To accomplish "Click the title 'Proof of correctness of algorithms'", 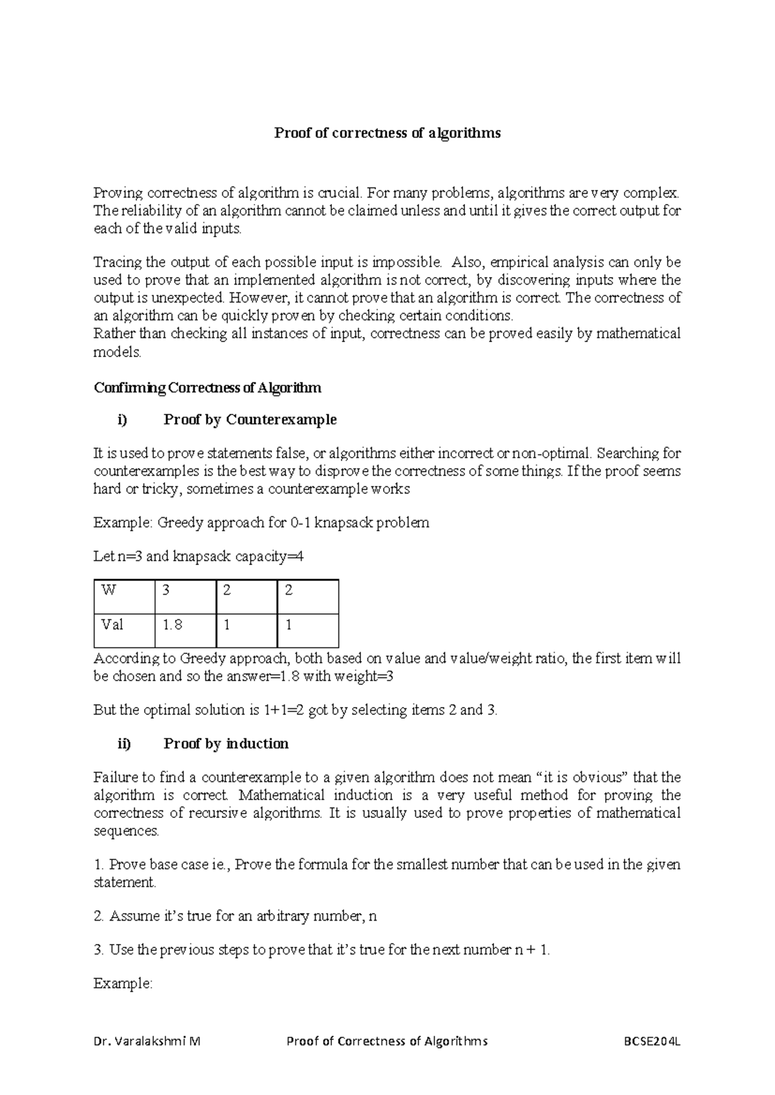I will click(387, 134).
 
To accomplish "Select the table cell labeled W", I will click(124, 597).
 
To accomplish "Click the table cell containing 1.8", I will click(185, 630).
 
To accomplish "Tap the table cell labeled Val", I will click(124, 630).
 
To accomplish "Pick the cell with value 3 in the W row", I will click(185, 597).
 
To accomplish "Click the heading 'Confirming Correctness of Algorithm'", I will click(207, 388).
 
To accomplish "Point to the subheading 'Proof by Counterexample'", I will click(250, 420).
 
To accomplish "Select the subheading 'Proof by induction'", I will click(226, 744).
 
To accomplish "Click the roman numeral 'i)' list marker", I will click(123, 420).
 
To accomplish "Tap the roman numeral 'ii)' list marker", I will click(124, 744).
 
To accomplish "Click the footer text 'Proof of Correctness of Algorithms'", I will click(387, 1041).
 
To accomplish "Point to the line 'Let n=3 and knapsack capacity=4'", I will click(198, 557).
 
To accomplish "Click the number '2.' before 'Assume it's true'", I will click(100, 916).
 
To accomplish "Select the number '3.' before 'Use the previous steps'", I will click(100, 950).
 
